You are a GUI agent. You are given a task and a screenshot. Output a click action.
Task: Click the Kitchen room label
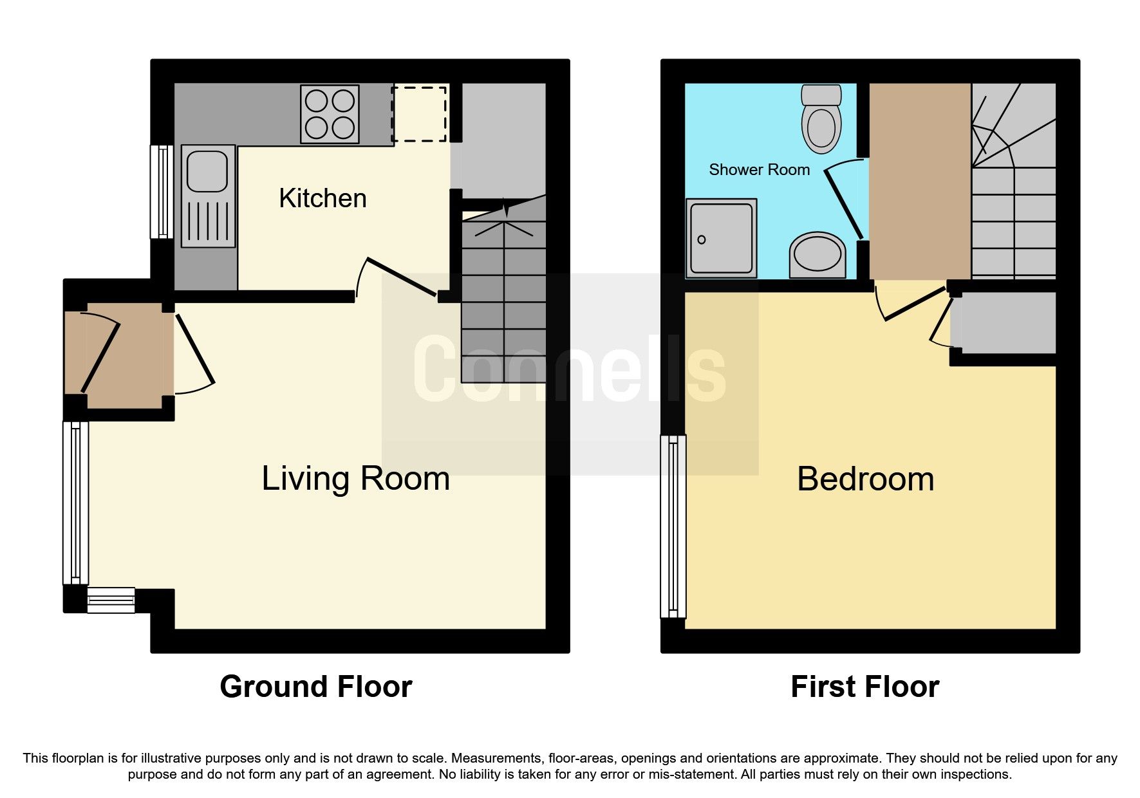(322, 198)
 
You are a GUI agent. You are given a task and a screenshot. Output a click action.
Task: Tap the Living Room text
(355, 479)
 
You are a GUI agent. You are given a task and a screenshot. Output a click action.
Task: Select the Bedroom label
(865, 479)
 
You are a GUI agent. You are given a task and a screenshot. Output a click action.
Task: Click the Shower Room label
(759, 170)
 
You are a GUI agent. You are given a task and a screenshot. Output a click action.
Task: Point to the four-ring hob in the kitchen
(330, 114)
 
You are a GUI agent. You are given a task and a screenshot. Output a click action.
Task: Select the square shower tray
(721, 238)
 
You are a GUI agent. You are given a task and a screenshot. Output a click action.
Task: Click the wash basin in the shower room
(818, 255)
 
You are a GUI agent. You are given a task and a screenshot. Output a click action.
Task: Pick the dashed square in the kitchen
(419, 114)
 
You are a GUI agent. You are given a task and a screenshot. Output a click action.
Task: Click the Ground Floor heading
(315, 687)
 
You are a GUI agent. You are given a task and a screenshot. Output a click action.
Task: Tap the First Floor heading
(864, 687)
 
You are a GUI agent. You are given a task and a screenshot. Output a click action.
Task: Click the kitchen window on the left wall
(162, 191)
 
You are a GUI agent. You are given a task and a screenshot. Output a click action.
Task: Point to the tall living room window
(75, 503)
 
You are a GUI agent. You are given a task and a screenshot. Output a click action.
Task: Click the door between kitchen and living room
(400, 277)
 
